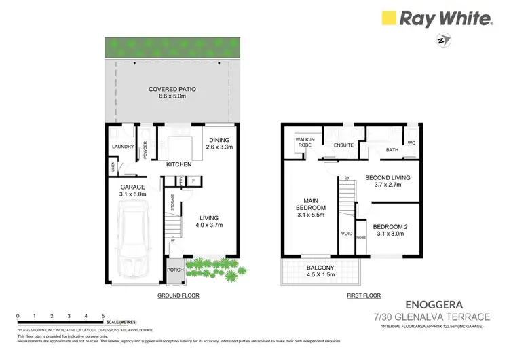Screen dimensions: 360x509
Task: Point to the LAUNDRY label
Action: (121, 145)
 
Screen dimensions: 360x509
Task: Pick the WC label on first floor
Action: (411, 143)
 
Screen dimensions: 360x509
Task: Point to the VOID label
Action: (345, 234)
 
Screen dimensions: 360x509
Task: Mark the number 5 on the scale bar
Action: (102, 316)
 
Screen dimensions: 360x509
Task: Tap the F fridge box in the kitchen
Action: (193, 181)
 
